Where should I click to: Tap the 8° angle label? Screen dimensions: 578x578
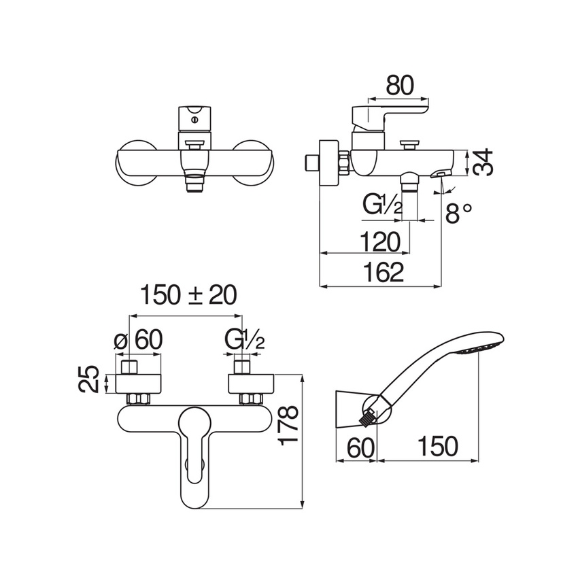(458, 213)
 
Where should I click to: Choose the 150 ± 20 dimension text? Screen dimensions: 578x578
(188, 296)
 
